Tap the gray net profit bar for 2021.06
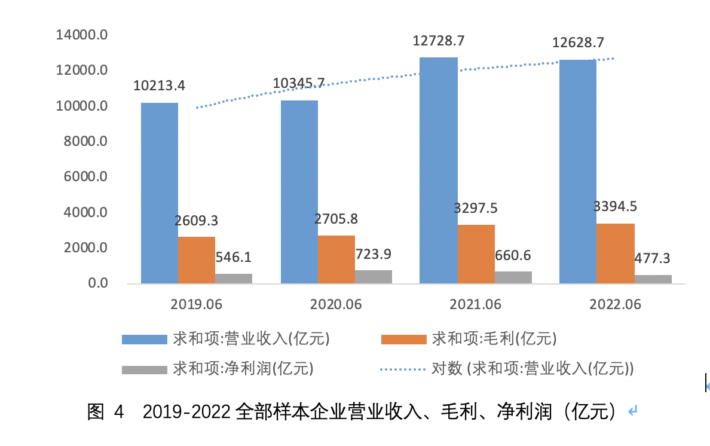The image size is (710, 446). [513, 277]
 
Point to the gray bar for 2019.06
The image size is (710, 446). [234, 279]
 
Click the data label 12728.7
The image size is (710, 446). [439, 41]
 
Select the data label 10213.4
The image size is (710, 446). [159, 85]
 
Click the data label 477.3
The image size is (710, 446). [653, 258]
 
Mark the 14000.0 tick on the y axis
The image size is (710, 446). [81, 35]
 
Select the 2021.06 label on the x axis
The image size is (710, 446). [476, 304]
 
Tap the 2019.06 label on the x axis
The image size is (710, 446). [196, 304]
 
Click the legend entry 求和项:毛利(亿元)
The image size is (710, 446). [494, 339]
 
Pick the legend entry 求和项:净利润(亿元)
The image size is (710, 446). [243, 368]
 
